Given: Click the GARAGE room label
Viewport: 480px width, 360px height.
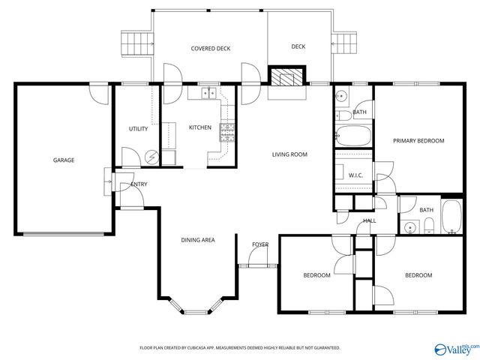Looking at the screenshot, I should point(63,160).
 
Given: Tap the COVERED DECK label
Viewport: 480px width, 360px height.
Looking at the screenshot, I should point(210,48).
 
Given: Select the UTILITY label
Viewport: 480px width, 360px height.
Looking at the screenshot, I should point(138,129).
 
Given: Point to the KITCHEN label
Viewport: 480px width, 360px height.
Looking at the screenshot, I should point(199,127).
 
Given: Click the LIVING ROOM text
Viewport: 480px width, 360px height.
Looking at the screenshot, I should point(289,154).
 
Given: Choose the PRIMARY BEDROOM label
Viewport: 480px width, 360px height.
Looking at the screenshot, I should point(418,141).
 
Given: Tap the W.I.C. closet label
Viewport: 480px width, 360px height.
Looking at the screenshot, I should point(355,175).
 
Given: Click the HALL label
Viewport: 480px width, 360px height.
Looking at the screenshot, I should point(370,221).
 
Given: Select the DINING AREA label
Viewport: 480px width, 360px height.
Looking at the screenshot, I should point(198,240).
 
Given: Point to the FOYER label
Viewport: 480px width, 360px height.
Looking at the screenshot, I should point(259,244).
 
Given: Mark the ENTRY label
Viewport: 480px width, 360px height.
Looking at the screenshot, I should point(139,184).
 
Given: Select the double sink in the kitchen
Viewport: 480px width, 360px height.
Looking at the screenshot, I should point(208,94).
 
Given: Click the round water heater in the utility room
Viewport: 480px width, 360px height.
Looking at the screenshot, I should point(152,157).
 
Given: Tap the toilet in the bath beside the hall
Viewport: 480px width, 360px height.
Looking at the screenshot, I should point(427,226).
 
